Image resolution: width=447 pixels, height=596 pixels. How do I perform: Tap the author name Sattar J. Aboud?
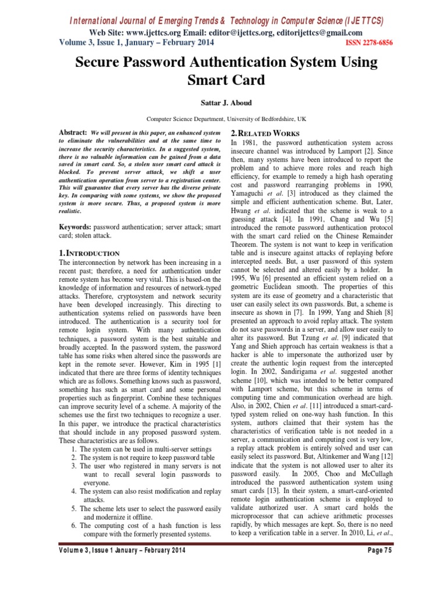[x=223, y=103]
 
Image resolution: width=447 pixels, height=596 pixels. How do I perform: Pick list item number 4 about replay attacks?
[x=141, y=491]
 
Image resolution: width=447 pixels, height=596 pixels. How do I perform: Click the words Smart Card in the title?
[x=223, y=79]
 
